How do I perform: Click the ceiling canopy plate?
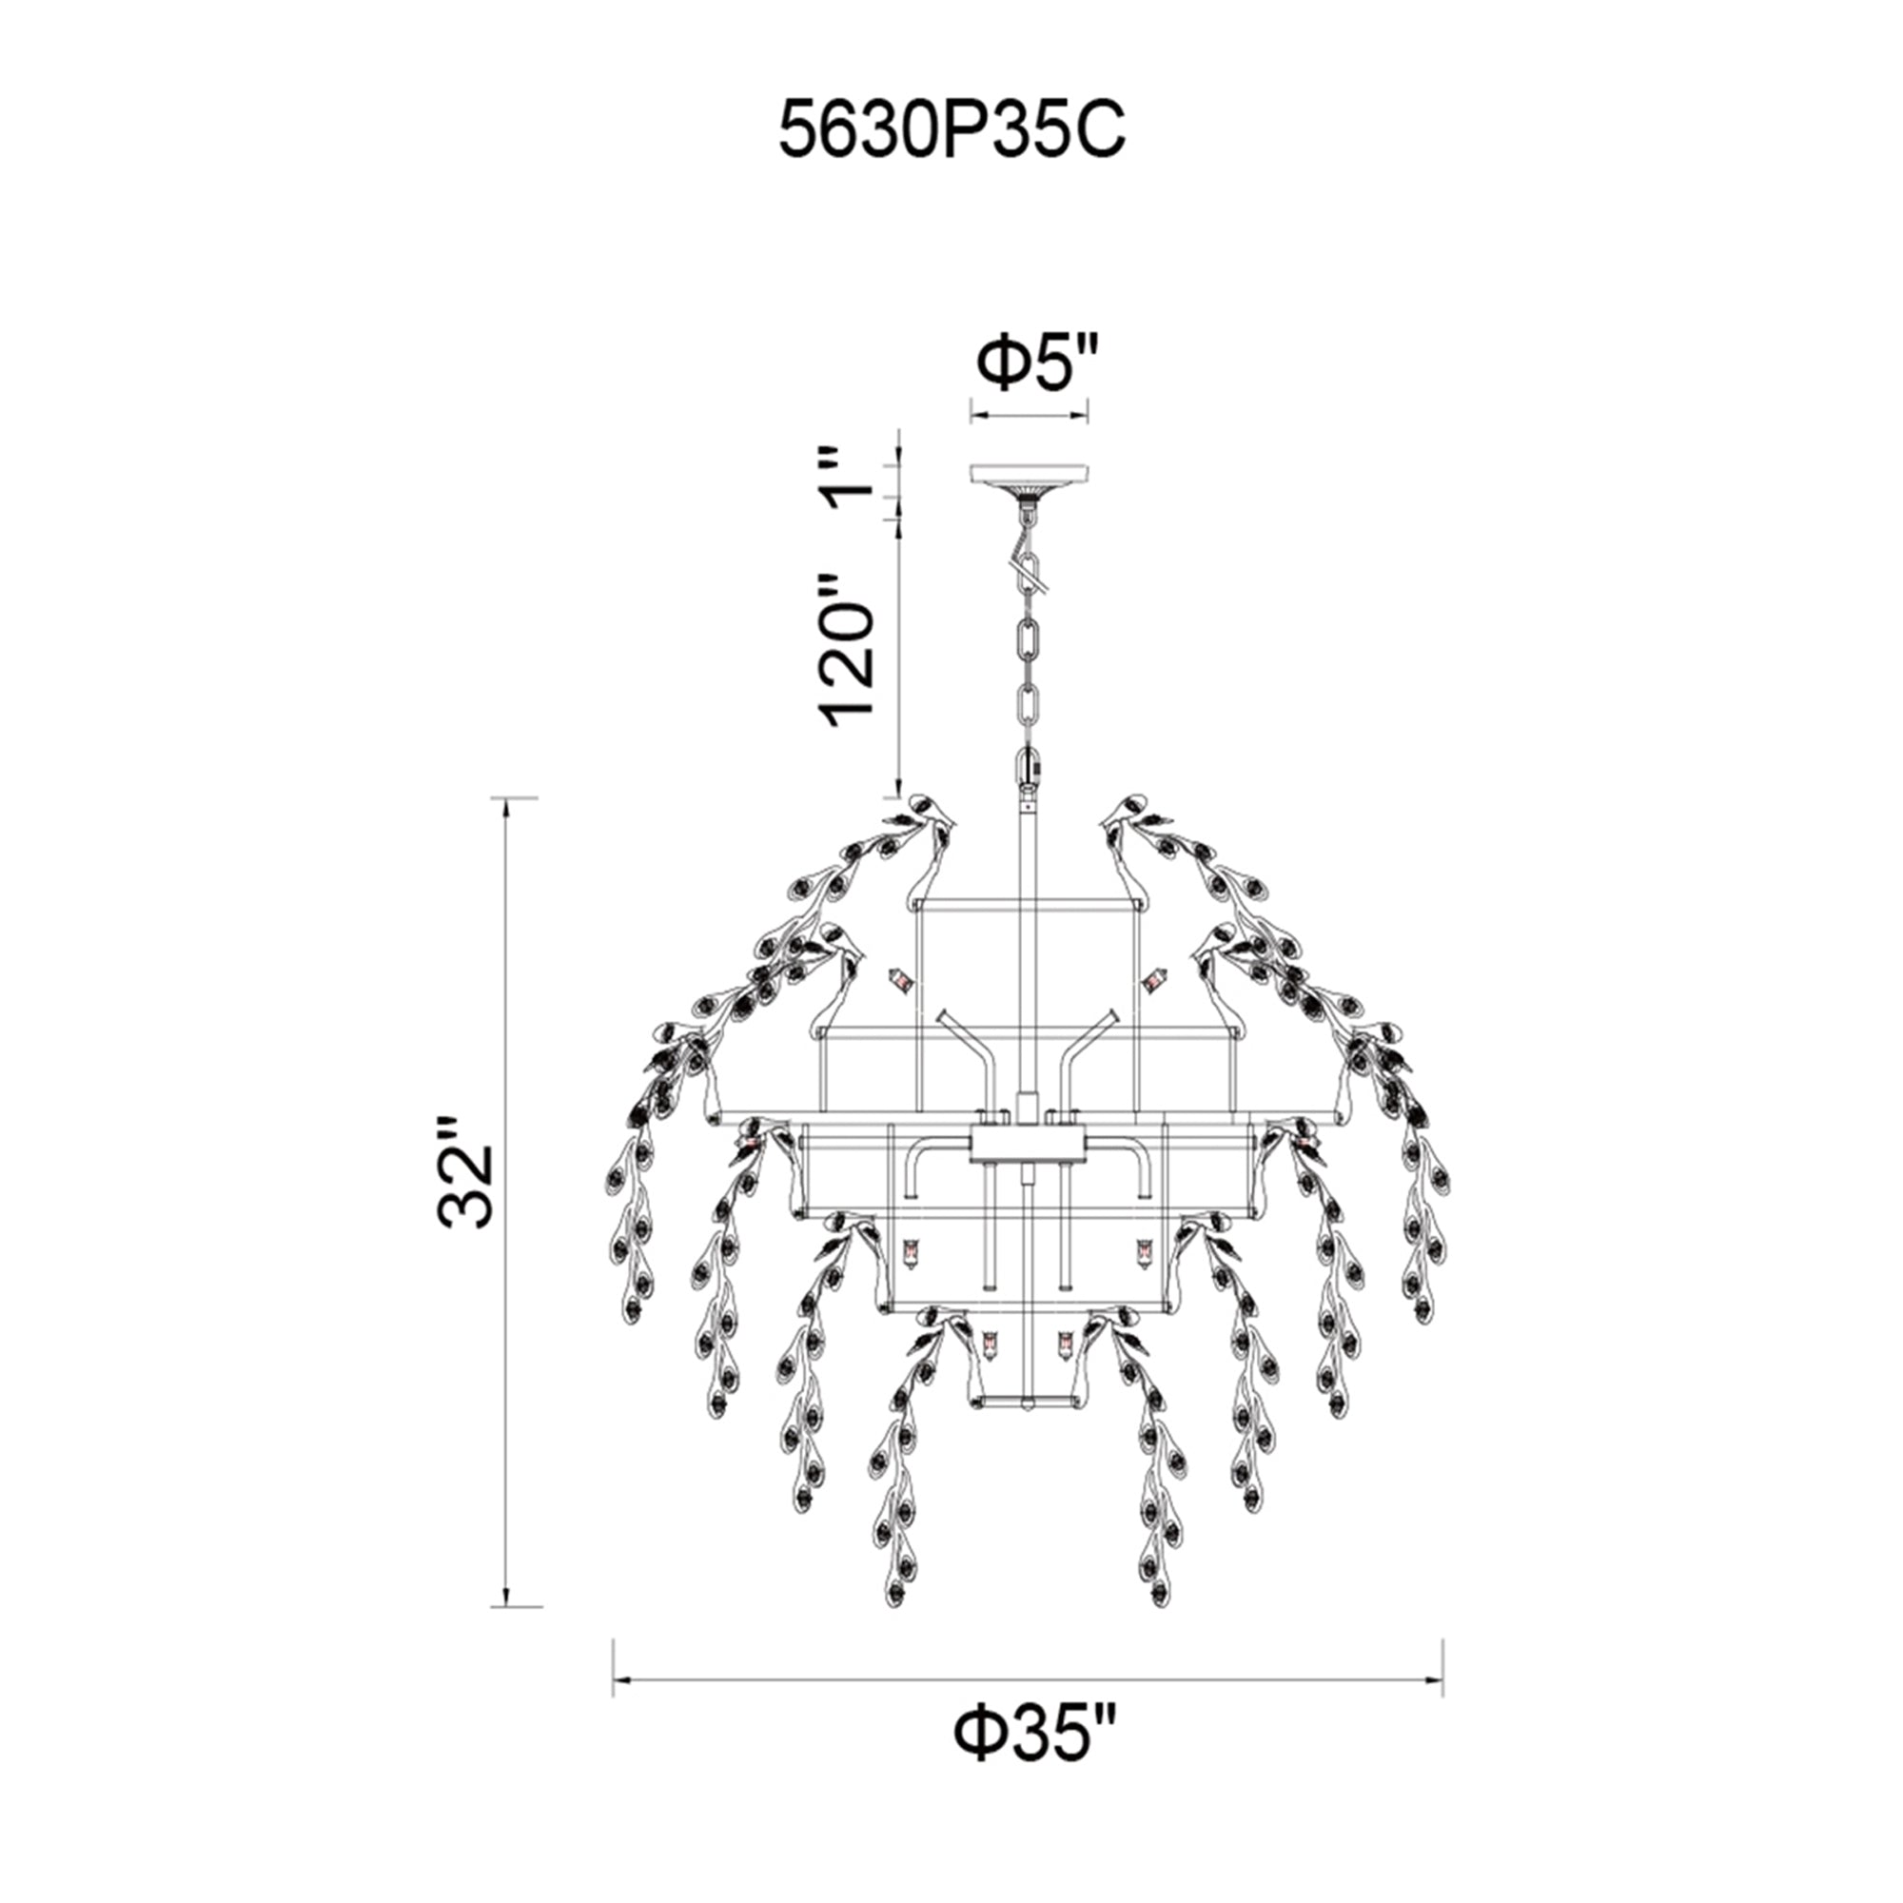(x=1030, y=474)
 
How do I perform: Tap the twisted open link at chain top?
(x=1030, y=571)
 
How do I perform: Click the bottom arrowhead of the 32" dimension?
(x=506, y=1598)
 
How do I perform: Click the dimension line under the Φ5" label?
(x=1030, y=415)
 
